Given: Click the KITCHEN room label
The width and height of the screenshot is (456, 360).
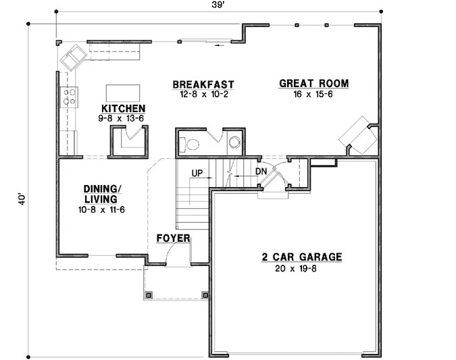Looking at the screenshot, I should [x=123, y=108].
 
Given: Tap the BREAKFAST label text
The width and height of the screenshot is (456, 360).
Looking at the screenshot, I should [x=203, y=84].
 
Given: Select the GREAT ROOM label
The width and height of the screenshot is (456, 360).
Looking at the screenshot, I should [x=314, y=84].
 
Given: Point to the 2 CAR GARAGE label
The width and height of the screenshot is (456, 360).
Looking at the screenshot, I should [x=302, y=257].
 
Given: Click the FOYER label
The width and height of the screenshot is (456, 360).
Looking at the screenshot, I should [x=173, y=238].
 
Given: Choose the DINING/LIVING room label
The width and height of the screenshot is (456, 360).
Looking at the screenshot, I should [x=103, y=194].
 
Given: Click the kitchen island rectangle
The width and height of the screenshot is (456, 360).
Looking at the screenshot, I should [x=123, y=92].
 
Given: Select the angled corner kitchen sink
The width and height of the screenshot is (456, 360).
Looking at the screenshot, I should [x=73, y=55].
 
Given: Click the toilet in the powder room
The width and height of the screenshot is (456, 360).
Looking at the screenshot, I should [x=190, y=143].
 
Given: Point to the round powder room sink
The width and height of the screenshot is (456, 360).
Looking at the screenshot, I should [x=234, y=142].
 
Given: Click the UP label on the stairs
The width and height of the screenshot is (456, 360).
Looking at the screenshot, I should [x=197, y=173].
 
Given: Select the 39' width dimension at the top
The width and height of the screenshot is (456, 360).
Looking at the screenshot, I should [x=217, y=5].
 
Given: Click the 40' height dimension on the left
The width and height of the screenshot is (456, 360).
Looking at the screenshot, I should [x=22, y=200].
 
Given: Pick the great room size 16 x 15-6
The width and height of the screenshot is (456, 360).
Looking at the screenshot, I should [x=314, y=95].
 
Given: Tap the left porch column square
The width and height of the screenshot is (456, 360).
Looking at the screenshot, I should [x=150, y=294].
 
